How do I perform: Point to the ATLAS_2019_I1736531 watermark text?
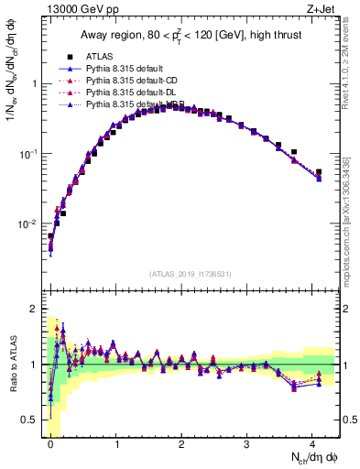tap(191, 273)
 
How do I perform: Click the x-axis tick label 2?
tap(181, 444)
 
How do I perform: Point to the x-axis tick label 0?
tap(50, 444)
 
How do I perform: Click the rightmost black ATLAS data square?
tap(319, 171)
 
